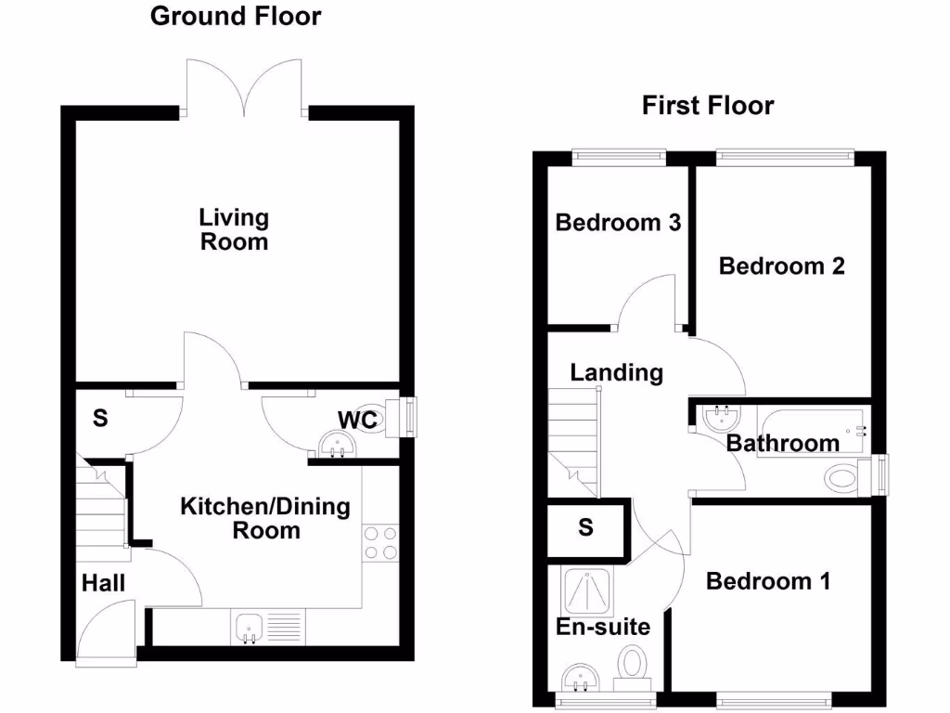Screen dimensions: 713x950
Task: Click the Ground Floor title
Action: click(236, 16)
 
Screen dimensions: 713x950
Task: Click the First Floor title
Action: click(707, 106)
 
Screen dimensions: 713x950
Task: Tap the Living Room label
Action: click(234, 229)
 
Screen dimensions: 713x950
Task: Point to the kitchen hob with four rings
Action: click(380, 543)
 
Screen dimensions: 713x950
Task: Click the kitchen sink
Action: click(249, 628)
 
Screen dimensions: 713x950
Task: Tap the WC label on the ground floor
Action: click(357, 420)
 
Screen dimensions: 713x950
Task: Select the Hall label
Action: click(103, 583)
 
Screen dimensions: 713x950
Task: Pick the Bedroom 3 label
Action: click(618, 223)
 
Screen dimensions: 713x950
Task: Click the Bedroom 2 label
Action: click(782, 266)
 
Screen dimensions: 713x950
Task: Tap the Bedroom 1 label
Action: click(768, 581)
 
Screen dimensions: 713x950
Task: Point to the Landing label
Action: click(616, 373)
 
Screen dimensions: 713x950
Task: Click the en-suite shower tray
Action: click(589, 590)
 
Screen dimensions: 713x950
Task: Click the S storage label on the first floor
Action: click(585, 527)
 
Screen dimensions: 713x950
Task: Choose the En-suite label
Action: click(602, 627)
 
